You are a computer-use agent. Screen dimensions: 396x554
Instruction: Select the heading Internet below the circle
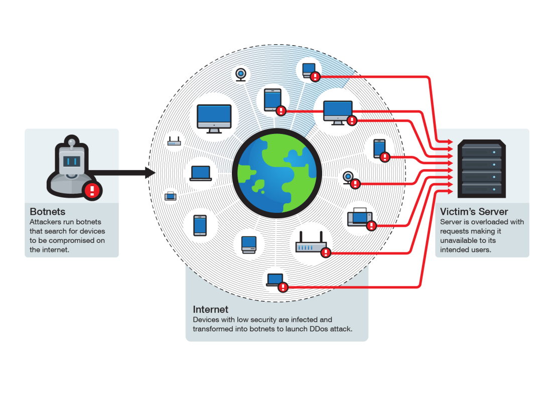click(x=211, y=309)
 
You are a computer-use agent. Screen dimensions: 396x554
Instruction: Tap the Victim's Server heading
click(x=474, y=211)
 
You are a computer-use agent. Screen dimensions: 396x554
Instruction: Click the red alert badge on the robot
click(x=92, y=190)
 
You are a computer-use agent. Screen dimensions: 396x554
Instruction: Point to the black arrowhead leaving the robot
click(x=149, y=173)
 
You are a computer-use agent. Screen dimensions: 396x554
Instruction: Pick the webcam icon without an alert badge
click(x=241, y=74)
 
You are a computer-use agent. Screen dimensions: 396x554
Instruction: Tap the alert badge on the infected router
click(x=326, y=252)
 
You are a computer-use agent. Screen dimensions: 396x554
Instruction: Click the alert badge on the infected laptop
click(x=283, y=287)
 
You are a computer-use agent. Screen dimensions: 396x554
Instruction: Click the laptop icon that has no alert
click(x=201, y=173)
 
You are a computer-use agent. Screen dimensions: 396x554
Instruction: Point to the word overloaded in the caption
click(x=479, y=221)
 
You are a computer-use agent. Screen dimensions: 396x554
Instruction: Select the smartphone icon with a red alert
click(x=379, y=148)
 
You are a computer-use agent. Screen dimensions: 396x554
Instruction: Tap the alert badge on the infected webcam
click(x=355, y=184)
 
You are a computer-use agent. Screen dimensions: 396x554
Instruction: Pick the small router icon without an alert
click(x=174, y=142)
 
